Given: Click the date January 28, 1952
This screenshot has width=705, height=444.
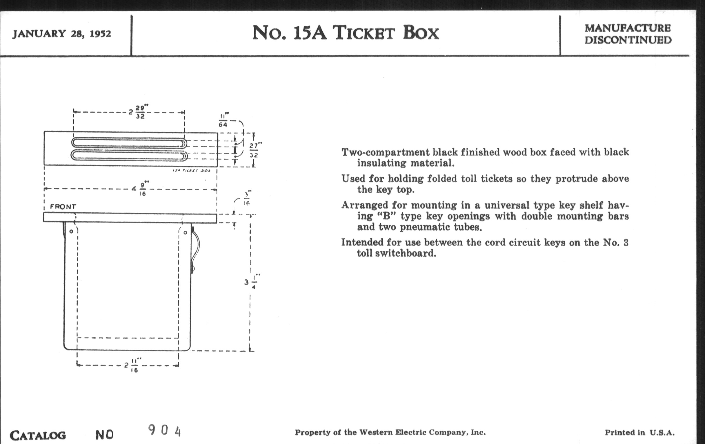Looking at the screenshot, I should tap(61, 34).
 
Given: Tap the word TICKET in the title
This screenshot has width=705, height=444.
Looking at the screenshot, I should tap(364, 33).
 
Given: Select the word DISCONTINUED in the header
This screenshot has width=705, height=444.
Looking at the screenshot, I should tap(628, 40).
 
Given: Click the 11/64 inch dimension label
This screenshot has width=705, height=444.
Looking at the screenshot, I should tap(224, 120).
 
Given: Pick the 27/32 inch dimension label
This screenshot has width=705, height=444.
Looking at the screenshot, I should tap(254, 150).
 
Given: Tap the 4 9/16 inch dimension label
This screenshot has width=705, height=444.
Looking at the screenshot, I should tap(140, 189).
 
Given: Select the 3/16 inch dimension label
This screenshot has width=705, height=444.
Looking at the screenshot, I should tap(247, 199).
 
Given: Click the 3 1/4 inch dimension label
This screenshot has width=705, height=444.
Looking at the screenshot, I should tap(251, 282).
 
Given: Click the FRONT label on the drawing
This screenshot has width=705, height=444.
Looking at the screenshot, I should tap(63, 207).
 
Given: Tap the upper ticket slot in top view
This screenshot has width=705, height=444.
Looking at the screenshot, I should tap(129, 143).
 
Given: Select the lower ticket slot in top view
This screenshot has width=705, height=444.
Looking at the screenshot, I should tap(129, 155).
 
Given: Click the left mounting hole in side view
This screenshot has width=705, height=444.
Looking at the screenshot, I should tap(71, 232).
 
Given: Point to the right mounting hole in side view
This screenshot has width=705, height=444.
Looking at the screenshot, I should tap(185, 233).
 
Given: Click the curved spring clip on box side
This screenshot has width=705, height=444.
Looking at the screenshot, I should tap(196, 249).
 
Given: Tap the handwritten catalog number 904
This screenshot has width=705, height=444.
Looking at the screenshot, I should tap(165, 431).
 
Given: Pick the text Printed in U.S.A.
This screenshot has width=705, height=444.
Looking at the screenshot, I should tap(639, 433).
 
